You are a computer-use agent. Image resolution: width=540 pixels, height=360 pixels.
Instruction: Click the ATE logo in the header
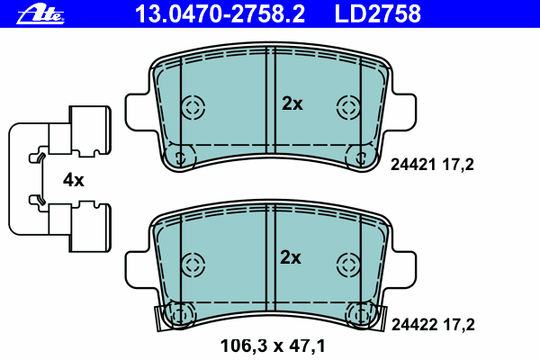[40, 15]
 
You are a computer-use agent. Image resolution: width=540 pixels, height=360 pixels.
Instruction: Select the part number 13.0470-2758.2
[220, 14]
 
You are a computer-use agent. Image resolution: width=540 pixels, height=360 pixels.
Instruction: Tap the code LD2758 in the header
[378, 14]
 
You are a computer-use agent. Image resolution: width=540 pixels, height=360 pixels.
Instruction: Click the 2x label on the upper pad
[292, 103]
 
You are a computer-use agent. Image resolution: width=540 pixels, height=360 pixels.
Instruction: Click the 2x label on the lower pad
[291, 257]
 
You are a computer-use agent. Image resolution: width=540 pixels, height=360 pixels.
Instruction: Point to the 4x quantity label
[74, 180]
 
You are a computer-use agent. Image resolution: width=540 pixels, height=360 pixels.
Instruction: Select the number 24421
[413, 165]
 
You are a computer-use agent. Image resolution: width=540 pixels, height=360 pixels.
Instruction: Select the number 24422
[414, 325]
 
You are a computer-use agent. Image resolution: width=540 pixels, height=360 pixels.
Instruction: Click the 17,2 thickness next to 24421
[458, 165]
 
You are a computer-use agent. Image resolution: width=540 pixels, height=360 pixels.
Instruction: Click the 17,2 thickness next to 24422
[459, 325]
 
